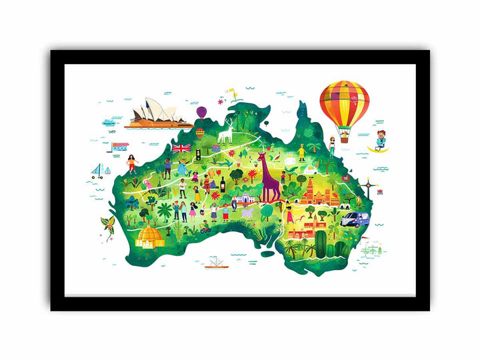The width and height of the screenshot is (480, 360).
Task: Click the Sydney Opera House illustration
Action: pos(157,113)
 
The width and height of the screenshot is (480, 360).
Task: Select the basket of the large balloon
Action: pos(345,139)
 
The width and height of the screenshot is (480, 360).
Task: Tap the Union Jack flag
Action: pos(181,148)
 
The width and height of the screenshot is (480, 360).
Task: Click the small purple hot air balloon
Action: pos(201,111)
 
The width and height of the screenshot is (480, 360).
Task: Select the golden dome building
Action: pos(150,236)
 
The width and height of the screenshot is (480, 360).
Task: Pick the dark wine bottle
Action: pos(221,182)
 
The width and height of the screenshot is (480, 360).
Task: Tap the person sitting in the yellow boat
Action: pos(379,142)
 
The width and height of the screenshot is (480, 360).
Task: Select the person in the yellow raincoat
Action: pos(301,152)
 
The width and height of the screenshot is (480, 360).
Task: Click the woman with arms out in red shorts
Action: pos(131,163)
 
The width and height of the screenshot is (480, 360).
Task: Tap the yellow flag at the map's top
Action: pos(233,89)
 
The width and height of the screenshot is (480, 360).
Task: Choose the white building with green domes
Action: pos(236,199)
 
